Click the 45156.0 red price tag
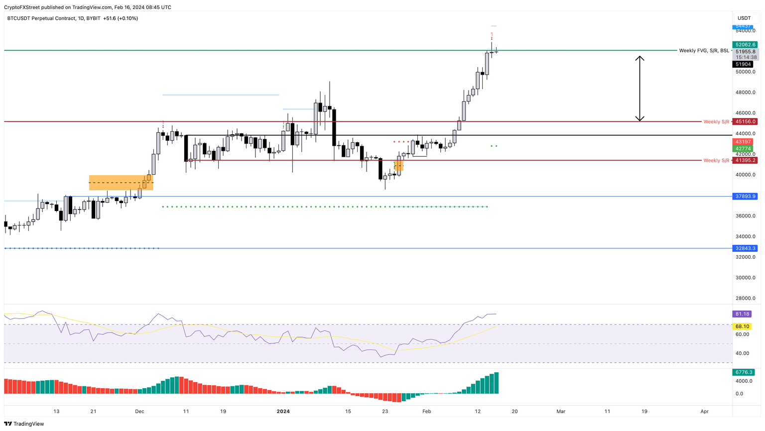pos(745,121)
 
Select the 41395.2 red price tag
pos(745,160)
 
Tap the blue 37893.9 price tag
pos(745,197)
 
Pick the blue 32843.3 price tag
pos(745,248)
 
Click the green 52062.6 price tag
pos(745,45)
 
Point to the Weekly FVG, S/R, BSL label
pos(704,51)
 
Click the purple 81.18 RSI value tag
pos(742,314)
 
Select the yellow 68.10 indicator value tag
pos(742,326)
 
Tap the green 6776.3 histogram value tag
pos(744,372)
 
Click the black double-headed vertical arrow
pos(640,89)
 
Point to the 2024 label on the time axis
pos(283,412)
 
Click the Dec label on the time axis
pos(139,412)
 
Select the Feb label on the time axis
pos(426,412)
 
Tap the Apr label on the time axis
pos(704,412)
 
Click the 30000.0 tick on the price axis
pos(746,278)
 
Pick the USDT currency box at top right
pos(744,18)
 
